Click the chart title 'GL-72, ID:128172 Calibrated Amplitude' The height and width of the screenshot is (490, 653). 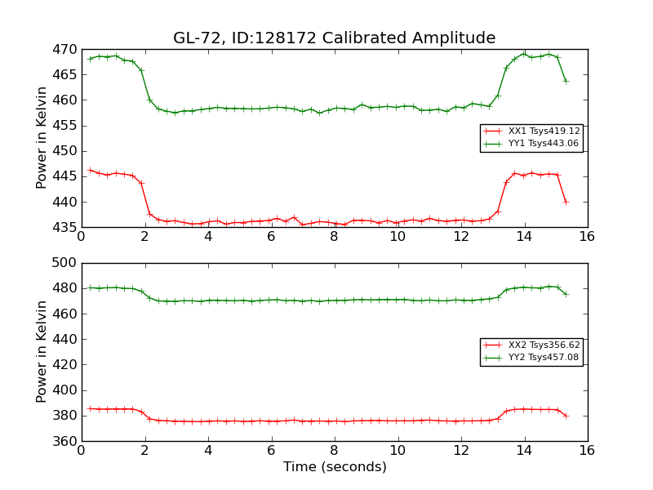[334, 38]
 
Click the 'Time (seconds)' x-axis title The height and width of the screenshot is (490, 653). [335, 467]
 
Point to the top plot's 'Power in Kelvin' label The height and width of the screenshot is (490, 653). [42, 138]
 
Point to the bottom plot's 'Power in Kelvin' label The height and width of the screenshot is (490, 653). [42, 351]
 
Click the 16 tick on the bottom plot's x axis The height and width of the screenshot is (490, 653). [587, 450]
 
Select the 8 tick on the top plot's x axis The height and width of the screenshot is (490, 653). [334, 236]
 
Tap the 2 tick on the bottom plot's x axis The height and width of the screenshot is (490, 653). [144, 450]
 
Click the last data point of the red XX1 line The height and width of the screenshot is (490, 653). [566, 202]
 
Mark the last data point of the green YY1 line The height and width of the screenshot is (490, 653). [566, 81]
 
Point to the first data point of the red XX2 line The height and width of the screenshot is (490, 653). [90, 408]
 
